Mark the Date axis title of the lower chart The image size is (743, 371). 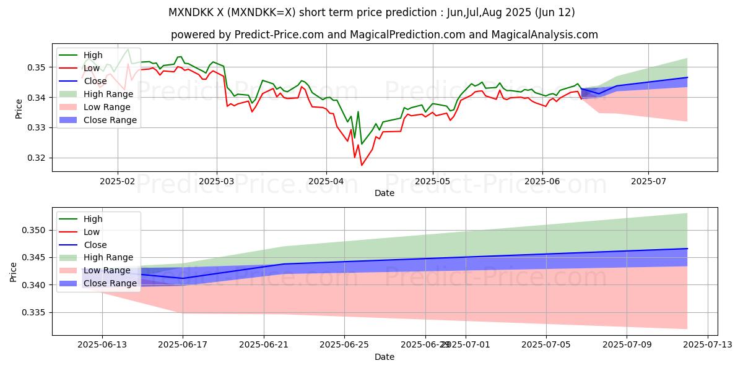pos(385,357)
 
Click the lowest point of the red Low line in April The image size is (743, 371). pos(362,165)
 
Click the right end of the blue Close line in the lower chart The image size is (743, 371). pos(687,249)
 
